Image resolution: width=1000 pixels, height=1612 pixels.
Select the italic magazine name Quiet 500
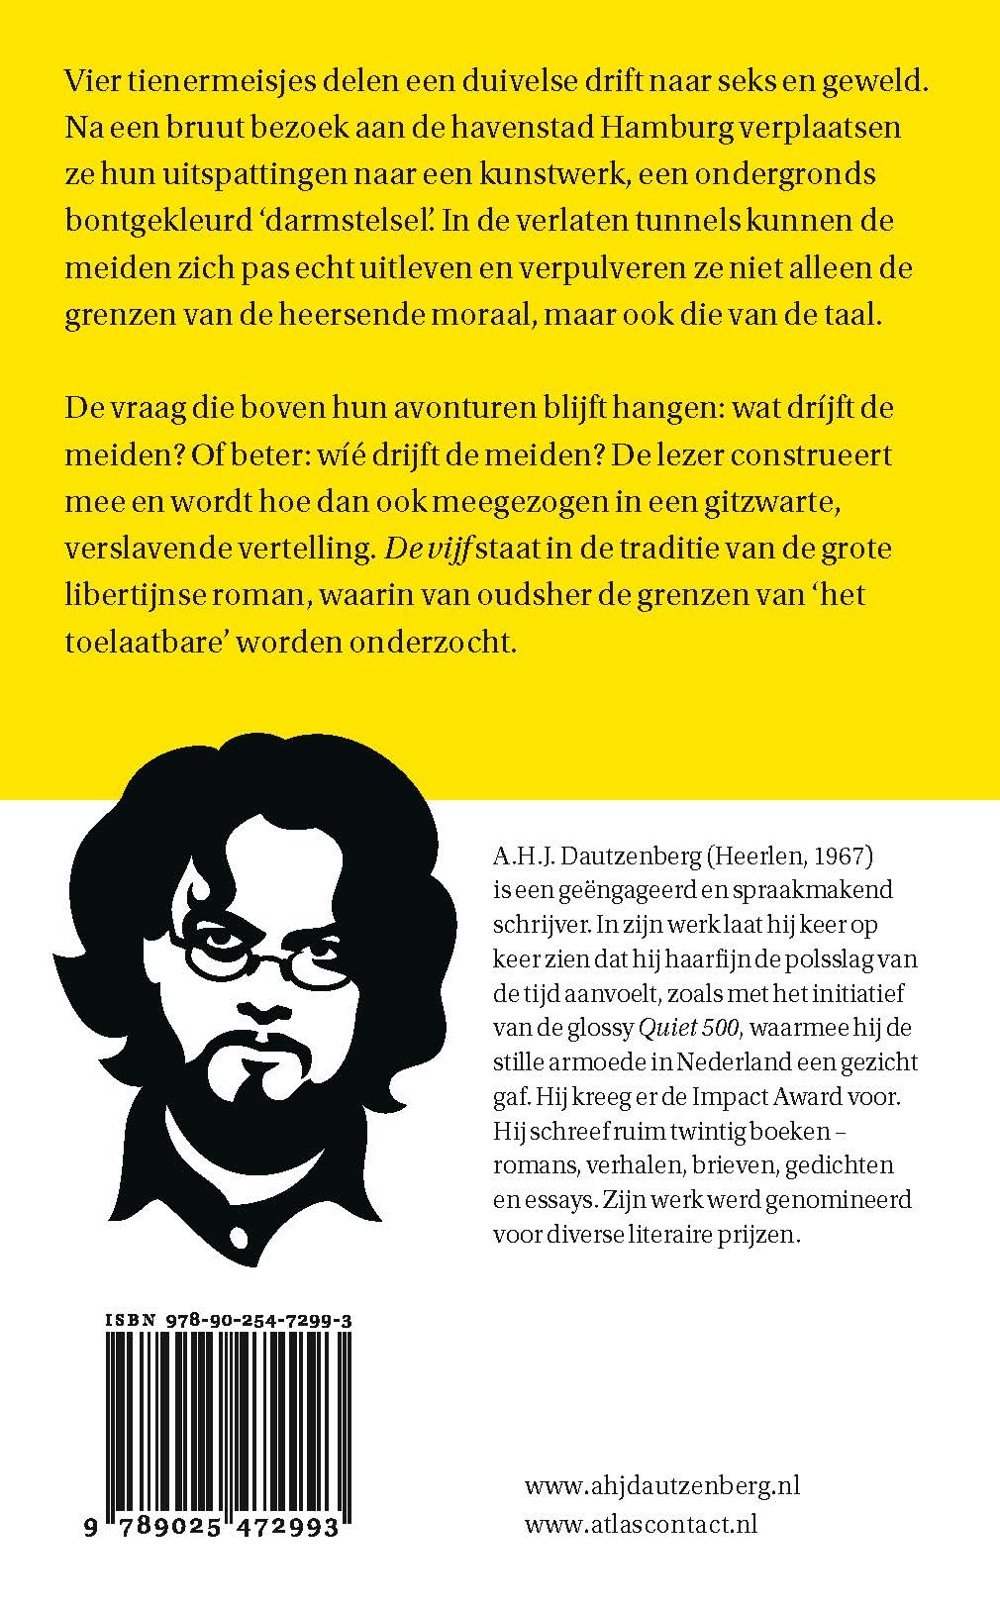tap(690, 1028)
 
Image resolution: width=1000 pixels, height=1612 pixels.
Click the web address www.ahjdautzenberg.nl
tap(661, 1485)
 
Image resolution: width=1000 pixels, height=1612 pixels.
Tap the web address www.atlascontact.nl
tap(641, 1524)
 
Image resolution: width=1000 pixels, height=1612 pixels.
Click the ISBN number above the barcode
tap(229, 1320)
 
